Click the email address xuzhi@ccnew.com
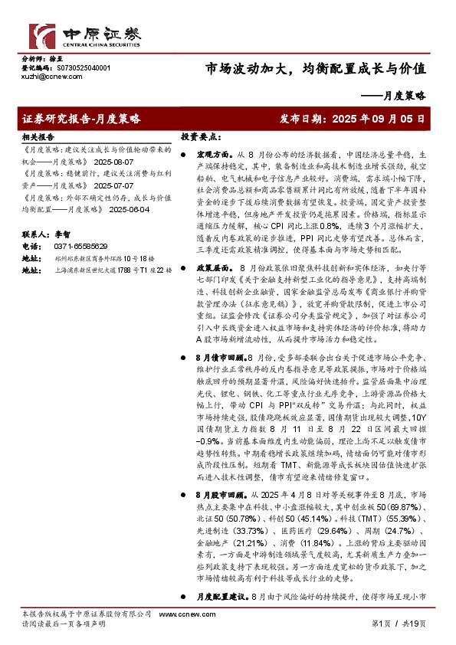pos(45,77)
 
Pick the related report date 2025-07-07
pos(115,185)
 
